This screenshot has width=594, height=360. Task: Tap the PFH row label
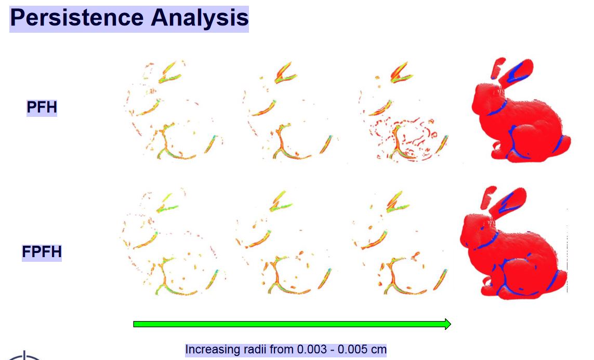coord(42,108)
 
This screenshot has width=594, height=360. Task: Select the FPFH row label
coord(42,252)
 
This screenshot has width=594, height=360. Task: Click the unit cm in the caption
coord(378,350)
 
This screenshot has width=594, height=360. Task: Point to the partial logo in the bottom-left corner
coord(24,356)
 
